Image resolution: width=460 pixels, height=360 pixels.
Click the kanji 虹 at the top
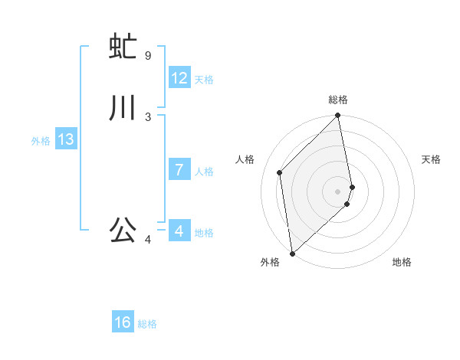tap(123, 47)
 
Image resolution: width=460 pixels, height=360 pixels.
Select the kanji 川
tap(123, 108)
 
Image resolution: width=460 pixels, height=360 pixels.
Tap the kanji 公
tap(123, 229)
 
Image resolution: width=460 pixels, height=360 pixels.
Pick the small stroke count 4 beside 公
tap(148, 241)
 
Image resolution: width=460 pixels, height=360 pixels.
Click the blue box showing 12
tap(179, 78)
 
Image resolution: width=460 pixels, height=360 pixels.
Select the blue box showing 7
tap(179, 170)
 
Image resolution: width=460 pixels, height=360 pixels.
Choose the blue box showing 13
tap(66, 139)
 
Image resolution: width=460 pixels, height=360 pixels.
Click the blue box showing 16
tap(123, 322)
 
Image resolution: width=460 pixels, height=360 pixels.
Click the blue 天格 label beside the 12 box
tap(204, 80)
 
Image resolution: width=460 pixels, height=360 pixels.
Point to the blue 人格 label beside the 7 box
tap(204, 172)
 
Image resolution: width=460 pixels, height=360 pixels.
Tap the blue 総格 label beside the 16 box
tap(147, 324)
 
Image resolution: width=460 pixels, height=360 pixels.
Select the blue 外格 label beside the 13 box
tap(41, 141)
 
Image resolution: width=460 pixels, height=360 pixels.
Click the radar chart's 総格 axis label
tap(338, 100)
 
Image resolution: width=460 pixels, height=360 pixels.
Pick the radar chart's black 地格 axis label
tap(402, 262)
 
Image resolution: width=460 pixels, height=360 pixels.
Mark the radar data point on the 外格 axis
tap(292, 253)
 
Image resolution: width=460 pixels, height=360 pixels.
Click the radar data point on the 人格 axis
tap(280, 172)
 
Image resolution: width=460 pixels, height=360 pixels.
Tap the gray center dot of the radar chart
tap(338, 191)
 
